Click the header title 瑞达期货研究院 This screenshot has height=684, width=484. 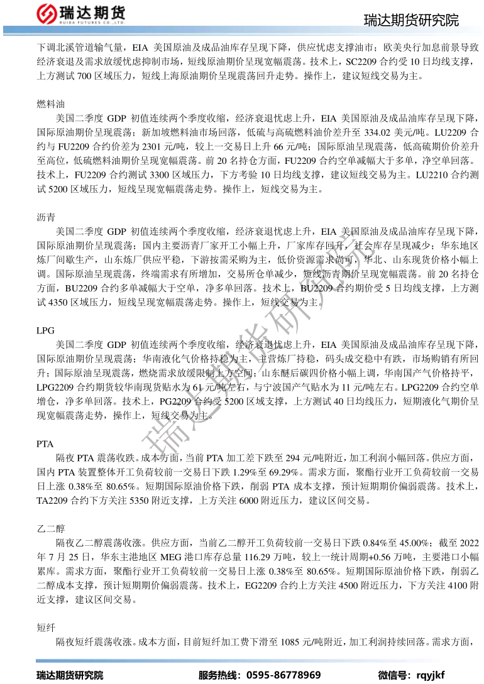click(411, 21)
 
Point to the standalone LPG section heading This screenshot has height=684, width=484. click(46, 330)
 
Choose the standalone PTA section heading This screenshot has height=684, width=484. click(46, 444)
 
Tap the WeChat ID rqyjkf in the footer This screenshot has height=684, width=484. click(430, 675)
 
